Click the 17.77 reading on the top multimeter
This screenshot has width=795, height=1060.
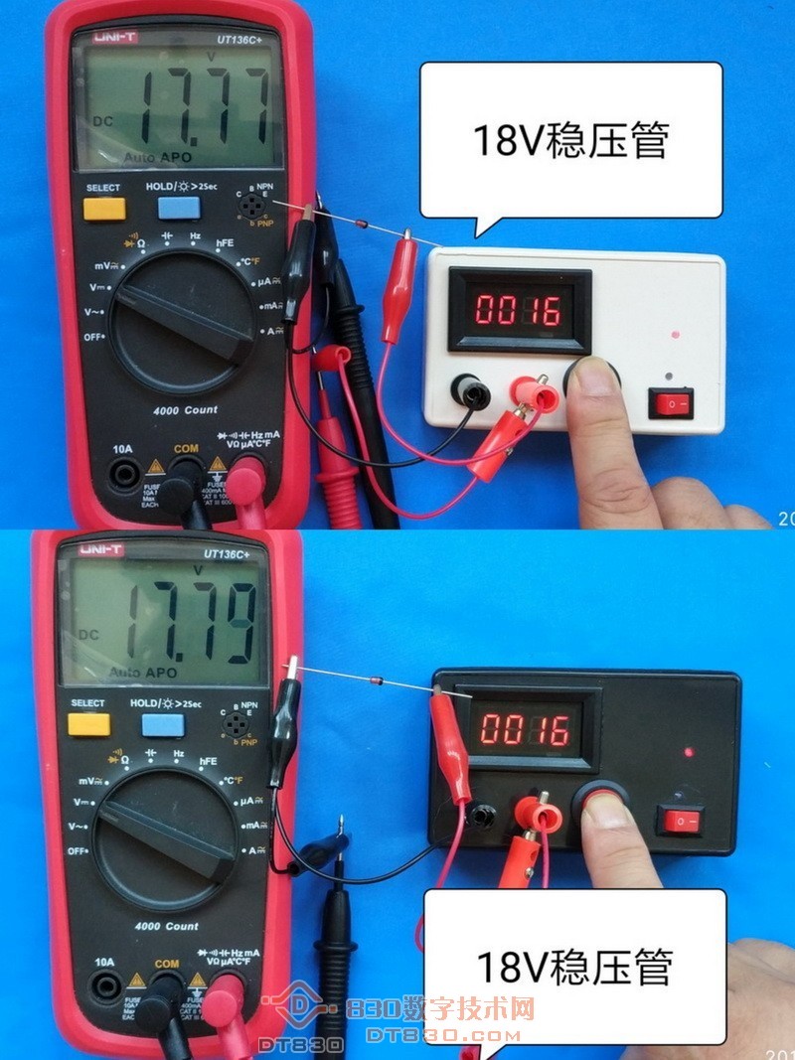coord(204,106)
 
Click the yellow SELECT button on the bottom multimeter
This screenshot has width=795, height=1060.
coord(87,724)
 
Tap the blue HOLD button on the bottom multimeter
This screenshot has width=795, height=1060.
coord(163,724)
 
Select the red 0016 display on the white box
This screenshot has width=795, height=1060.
coord(517,310)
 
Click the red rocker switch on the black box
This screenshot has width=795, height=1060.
coord(681,821)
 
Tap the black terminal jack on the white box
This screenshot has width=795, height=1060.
coord(470,391)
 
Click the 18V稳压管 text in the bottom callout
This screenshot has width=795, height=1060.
coord(574,966)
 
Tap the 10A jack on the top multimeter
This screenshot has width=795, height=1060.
coord(123,474)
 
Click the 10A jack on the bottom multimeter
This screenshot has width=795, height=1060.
coord(105,986)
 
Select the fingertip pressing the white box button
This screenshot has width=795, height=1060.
coord(595,378)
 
